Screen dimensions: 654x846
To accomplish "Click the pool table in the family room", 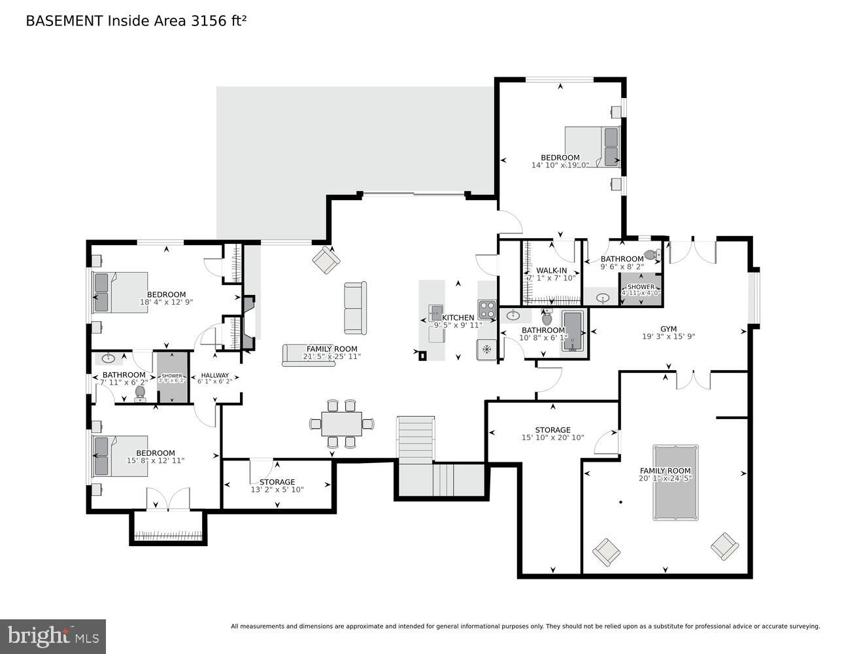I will tap(675, 483).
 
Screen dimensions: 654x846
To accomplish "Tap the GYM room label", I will tap(668, 329).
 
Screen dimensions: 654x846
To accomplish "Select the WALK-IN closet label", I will tap(551, 270).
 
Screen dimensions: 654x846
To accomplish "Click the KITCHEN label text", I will tap(458, 318).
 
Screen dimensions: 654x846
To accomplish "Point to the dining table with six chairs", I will tap(341, 424).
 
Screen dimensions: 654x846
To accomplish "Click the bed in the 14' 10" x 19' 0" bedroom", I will tap(592, 146).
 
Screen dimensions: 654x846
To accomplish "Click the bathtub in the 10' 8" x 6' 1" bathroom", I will tap(571, 332).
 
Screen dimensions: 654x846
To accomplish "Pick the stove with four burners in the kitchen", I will tap(486, 308).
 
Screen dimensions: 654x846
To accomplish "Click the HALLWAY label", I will tap(214, 375).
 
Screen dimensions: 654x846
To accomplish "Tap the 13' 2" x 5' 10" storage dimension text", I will tap(282, 490).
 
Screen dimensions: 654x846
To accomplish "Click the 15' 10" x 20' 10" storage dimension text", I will tap(552, 438).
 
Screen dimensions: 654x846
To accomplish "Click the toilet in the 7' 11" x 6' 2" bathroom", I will tap(139, 393).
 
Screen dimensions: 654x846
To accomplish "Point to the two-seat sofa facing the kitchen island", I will tap(355, 308).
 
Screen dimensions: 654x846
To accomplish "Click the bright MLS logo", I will tap(53, 636).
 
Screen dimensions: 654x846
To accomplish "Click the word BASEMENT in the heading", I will tap(64, 20).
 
